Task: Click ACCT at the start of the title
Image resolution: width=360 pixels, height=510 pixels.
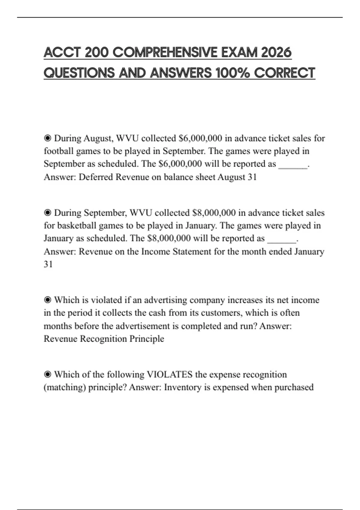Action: tap(62, 53)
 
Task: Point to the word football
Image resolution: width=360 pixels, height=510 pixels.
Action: tap(58, 151)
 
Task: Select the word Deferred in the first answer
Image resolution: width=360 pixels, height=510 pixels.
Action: tap(96, 177)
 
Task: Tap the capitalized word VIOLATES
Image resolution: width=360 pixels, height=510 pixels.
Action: tap(169, 374)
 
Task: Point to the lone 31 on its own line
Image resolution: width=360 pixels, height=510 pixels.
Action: tap(48, 264)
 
